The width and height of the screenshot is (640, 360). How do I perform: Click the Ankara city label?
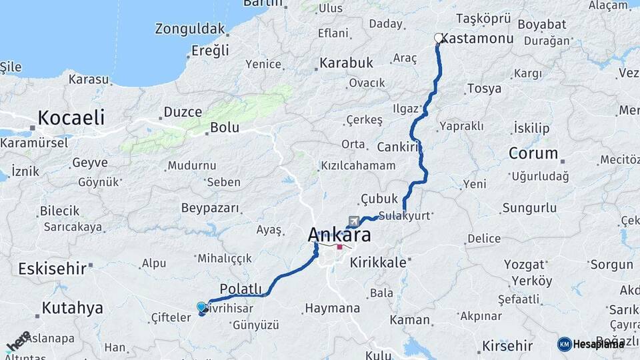point(339,235)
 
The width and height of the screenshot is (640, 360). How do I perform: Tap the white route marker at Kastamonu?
point(438,38)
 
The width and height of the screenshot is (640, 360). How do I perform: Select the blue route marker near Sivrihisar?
point(201,307)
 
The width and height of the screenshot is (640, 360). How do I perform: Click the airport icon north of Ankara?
point(353,221)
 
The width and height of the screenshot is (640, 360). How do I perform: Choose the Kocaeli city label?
point(71,118)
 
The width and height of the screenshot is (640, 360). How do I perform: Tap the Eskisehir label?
point(53,269)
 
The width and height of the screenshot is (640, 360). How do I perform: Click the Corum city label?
point(533,153)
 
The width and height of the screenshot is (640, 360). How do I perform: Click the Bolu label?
point(224,127)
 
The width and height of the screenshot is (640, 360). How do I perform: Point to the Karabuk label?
point(346,63)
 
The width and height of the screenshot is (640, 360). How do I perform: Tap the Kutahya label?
point(72,308)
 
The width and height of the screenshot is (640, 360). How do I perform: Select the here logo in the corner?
point(18,341)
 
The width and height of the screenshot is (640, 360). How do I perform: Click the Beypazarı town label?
point(210,208)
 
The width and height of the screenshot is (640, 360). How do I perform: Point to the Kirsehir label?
point(507,345)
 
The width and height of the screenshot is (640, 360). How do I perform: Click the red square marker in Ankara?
point(339,247)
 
